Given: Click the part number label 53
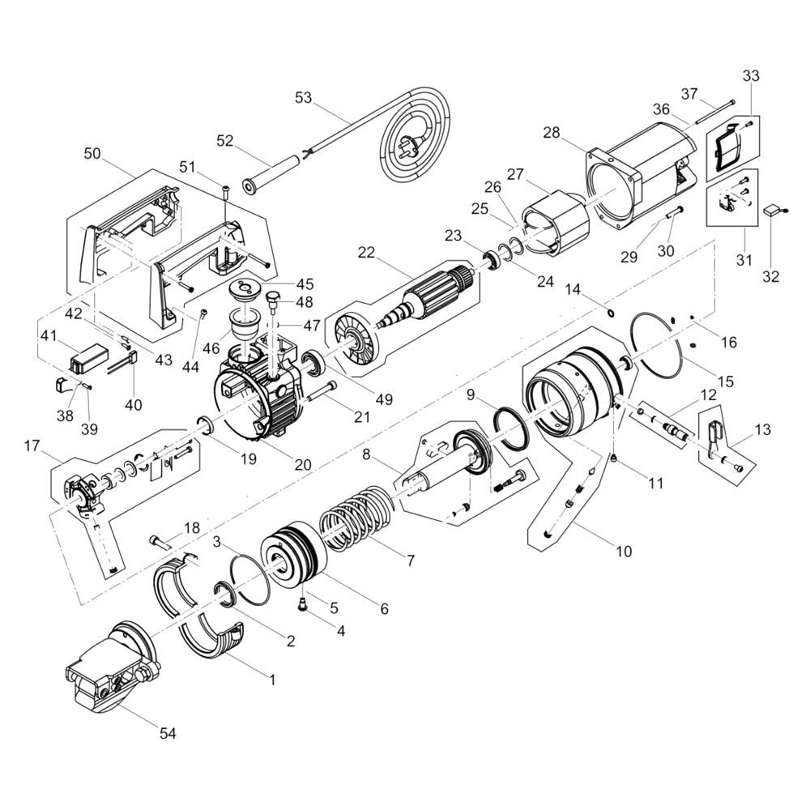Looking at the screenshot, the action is click(x=303, y=98).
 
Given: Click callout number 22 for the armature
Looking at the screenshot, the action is click(x=366, y=253).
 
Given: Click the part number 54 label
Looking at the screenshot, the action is click(x=168, y=733).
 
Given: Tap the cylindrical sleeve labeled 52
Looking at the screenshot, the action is click(x=271, y=173).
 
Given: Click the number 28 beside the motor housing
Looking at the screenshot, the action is click(x=551, y=133).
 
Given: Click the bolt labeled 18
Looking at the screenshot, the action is click(x=161, y=542).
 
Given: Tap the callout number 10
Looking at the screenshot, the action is click(x=624, y=551).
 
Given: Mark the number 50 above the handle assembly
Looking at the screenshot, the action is click(x=92, y=153).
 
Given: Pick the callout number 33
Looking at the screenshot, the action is click(x=751, y=75).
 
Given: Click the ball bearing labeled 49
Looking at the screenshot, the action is click(x=313, y=361).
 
